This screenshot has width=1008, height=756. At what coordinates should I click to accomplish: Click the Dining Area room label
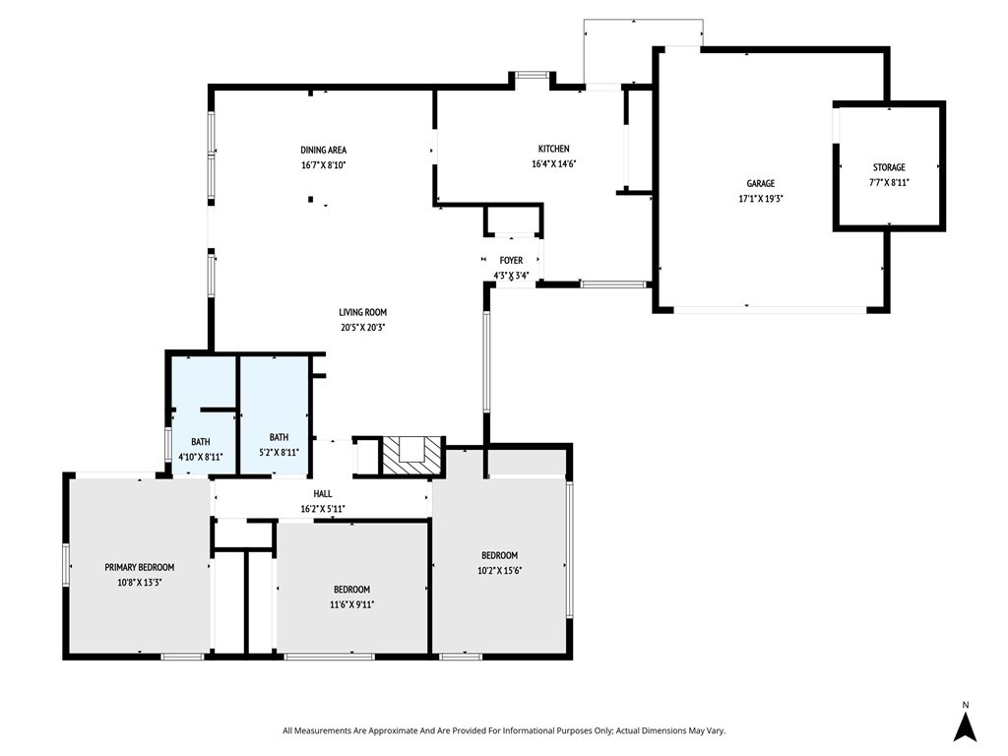323,150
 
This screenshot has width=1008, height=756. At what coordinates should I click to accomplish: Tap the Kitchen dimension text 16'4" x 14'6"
553,164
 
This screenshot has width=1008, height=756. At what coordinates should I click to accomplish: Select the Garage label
761,183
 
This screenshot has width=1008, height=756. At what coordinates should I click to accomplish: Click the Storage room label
889,167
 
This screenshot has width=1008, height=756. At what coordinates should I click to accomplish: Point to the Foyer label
511,260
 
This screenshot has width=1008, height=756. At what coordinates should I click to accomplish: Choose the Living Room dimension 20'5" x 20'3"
363,327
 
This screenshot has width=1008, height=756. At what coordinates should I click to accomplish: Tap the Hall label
323,494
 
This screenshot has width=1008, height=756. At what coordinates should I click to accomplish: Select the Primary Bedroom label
140,567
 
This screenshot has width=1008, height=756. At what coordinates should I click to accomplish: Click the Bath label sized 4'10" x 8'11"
201,442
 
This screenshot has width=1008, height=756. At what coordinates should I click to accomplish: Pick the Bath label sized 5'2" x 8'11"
279,437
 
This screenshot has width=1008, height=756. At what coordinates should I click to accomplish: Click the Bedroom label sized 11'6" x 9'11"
351,590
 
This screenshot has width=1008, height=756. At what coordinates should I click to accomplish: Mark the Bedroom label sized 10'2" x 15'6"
499,555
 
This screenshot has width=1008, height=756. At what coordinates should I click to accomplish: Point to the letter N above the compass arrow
965,705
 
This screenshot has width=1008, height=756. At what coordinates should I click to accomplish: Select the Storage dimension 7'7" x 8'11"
889,182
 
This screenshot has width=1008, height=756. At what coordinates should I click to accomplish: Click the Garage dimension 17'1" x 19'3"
761,199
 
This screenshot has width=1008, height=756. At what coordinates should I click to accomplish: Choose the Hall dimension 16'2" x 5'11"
323,509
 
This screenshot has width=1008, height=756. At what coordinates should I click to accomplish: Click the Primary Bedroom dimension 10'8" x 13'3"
140,583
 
